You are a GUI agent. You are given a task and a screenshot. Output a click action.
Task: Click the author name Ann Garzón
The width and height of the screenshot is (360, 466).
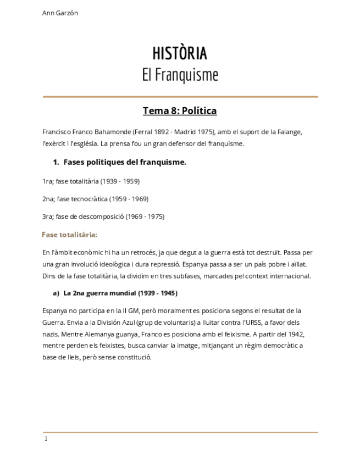tap(60, 13)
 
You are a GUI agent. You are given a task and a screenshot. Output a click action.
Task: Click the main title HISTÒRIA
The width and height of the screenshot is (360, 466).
tap(180, 53)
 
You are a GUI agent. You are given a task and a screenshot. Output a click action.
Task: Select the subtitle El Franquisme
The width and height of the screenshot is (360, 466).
tap(180, 75)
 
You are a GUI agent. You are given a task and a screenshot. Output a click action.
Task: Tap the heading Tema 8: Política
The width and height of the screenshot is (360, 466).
tap(180, 111)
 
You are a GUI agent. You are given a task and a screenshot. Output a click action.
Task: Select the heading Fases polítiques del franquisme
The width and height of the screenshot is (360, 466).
tap(125, 162)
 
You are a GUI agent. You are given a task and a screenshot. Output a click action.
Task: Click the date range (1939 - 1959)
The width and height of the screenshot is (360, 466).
tap(120, 181)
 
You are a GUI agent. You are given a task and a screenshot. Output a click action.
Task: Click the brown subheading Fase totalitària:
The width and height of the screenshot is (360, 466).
tap(69, 235)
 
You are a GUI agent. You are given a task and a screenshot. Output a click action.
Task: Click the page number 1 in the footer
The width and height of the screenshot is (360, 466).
tap(46, 439)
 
